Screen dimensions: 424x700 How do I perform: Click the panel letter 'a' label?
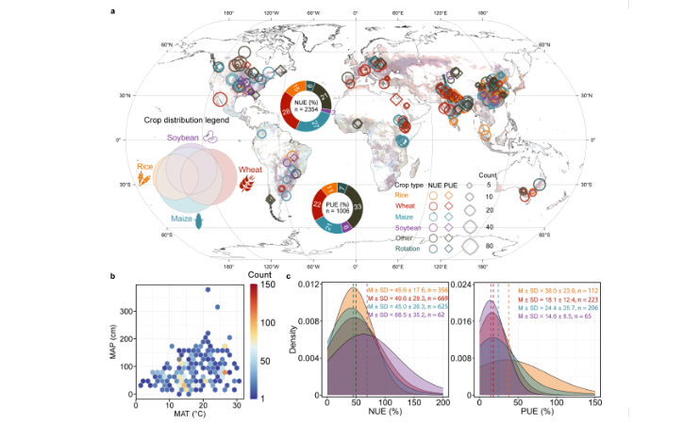(x=113, y=11)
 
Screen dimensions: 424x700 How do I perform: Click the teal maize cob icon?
(x=199, y=223)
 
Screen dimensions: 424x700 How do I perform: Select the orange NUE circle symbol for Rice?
(x=434, y=195)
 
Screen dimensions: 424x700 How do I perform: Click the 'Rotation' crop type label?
(x=408, y=248)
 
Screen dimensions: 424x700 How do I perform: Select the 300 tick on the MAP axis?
(x=127, y=311)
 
